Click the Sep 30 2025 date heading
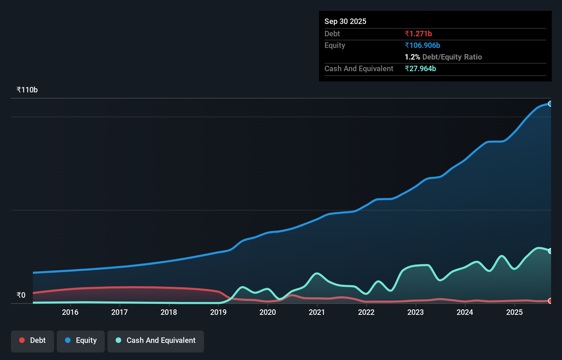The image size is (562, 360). coord(345,21)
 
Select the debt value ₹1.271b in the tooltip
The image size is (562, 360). coord(418,34)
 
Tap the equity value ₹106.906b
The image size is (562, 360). coord(422,45)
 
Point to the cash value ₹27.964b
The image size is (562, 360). coord(420,68)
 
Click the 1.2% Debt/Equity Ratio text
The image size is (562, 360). coord(443,57)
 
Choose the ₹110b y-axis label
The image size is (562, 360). coord(27,90)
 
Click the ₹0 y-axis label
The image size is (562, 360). coord(21,295)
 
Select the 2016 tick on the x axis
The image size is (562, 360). coord(70,312)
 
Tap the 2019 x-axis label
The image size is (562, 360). coord(218,312)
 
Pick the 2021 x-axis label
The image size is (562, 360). coord(317,312)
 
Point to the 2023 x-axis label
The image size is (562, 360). coord(416,312)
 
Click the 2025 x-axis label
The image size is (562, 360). coord(514,312)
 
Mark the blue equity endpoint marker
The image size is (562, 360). coord(550,104)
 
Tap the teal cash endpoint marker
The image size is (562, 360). coord(550,251)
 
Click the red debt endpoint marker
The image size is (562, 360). coord(550,301)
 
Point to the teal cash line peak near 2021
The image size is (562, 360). coord(317,273)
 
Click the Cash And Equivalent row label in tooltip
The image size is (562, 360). coord(359,68)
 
